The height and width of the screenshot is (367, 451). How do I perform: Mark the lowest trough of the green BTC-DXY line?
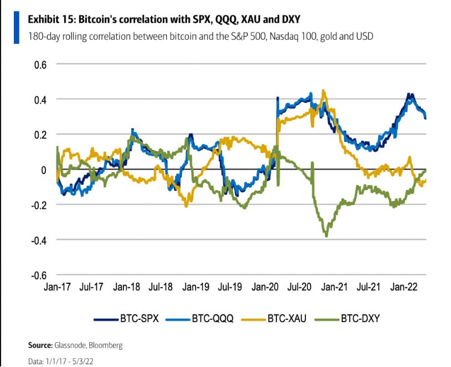click(326, 236)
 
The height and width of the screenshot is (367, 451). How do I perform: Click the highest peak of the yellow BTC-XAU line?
click(324, 90)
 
